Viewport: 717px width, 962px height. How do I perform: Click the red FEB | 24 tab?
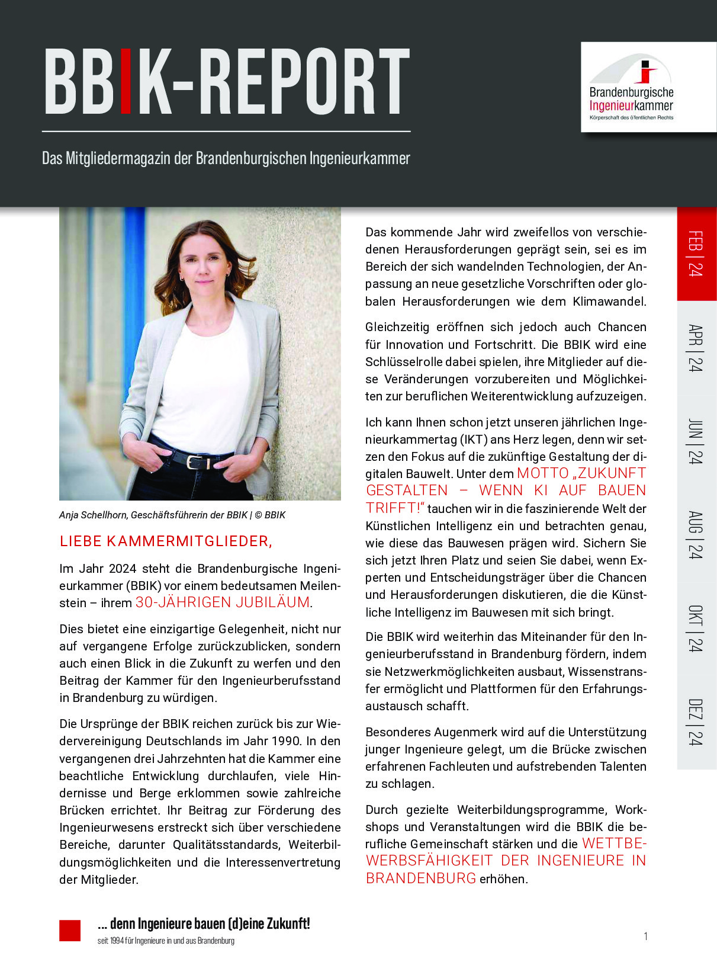tap(696, 254)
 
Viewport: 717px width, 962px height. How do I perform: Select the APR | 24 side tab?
tap(696, 348)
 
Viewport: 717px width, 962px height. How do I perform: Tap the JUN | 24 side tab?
tap(696, 442)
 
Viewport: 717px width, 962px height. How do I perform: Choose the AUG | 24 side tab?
tap(696, 535)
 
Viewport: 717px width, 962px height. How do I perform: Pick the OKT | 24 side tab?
tap(696, 628)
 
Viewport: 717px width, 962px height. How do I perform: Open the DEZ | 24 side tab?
tap(696, 722)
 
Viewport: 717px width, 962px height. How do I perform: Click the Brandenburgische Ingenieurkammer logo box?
tap(648, 87)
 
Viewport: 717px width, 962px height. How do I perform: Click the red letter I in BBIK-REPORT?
tap(126, 81)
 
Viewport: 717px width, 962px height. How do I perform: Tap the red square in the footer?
tap(70, 931)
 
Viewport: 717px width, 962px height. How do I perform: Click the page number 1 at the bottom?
tap(645, 936)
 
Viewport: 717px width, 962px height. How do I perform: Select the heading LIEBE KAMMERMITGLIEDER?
tap(166, 541)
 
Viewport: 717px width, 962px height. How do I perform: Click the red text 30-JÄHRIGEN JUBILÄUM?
tap(223, 603)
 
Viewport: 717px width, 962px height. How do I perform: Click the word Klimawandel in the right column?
tap(609, 302)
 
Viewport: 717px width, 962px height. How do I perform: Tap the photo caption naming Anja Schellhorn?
tap(172, 515)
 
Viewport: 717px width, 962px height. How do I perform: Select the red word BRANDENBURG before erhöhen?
tap(421, 878)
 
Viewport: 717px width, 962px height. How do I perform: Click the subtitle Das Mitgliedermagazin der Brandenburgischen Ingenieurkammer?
tap(226, 159)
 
